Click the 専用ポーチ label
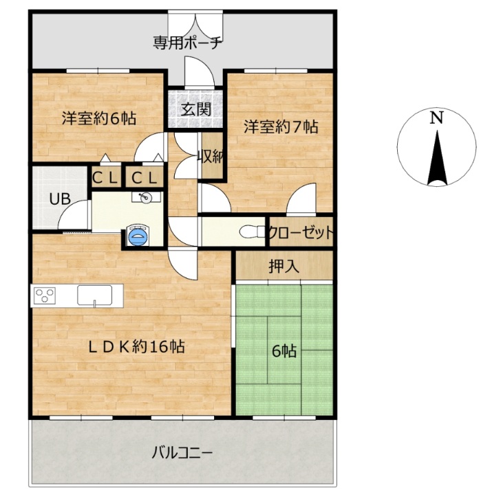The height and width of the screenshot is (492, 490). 188,43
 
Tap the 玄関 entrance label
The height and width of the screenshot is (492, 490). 195,109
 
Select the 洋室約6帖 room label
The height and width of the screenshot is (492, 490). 99,119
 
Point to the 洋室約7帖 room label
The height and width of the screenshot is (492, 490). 281,126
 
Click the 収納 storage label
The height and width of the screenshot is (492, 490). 211,157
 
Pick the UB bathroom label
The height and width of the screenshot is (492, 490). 60,199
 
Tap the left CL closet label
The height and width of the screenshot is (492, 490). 105,179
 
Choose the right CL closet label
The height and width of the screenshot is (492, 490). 145,179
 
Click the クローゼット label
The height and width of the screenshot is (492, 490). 301,232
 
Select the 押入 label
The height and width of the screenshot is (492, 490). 284,267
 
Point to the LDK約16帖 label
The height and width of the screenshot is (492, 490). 136,347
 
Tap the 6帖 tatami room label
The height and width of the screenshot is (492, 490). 284,351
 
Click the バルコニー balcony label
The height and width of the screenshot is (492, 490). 182,453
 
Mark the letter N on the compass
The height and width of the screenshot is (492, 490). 436,118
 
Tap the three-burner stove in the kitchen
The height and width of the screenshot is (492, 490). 45,295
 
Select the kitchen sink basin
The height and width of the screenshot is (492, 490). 94,295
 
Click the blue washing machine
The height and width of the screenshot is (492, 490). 138,236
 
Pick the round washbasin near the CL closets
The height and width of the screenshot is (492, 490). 145,198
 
